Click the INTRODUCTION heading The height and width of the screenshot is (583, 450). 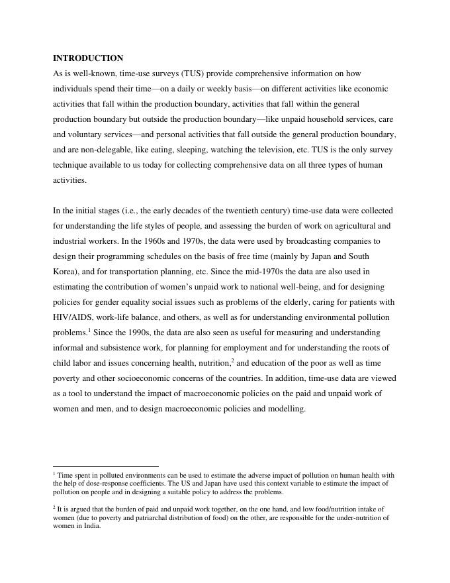coord(88,58)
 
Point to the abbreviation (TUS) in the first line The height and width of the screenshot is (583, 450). coord(193,74)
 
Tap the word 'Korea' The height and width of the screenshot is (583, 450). coord(65,272)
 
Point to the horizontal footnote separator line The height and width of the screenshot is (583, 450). coord(106,467)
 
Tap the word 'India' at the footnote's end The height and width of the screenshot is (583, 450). coord(90,527)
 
